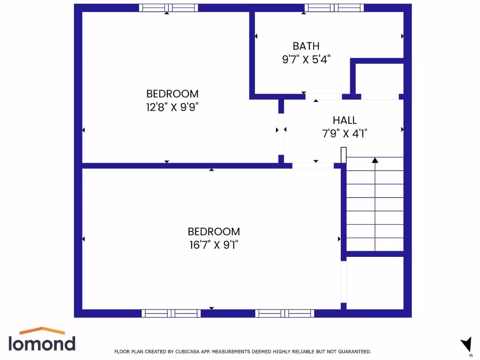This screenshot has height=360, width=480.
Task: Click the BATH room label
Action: coord(306,46)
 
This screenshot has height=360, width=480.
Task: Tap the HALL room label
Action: coord(345,120)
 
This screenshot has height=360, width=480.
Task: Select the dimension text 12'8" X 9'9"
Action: coord(172,107)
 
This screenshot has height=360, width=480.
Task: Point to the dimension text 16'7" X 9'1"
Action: coord(214,245)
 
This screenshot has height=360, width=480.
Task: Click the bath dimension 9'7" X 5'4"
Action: coord(306,60)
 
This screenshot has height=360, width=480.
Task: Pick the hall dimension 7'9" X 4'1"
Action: coord(345,134)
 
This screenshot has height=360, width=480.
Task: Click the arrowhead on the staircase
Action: coord(375,160)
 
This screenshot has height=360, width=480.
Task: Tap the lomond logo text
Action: coord(42,344)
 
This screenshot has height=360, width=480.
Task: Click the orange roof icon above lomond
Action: coord(42,331)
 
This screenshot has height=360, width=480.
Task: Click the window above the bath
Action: coord(334,7)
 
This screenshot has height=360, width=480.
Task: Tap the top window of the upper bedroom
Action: coord(169,7)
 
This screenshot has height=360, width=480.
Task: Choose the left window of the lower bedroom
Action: coord(171,313)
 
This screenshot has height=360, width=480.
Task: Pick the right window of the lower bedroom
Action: coord(285,313)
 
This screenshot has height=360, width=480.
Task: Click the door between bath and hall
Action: coord(323,97)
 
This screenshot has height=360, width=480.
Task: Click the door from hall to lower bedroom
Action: coord(313,165)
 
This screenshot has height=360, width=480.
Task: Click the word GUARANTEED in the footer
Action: coord(355,351)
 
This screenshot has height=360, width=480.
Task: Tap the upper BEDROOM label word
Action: coord(172,93)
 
